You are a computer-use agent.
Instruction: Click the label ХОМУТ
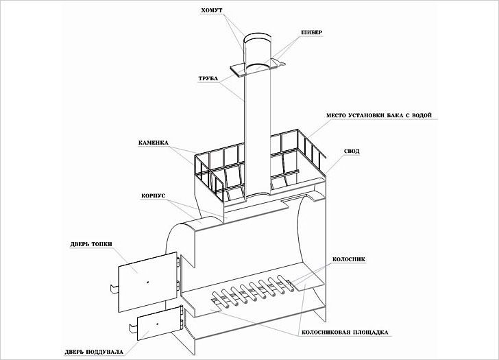[x=212, y=10]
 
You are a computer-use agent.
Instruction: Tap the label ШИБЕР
[x=312, y=32]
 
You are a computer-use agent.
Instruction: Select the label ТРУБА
[x=208, y=78]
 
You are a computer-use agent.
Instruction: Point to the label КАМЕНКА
[x=154, y=143]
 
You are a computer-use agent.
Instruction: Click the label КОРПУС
[x=154, y=195]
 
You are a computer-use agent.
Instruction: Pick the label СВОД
[x=352, y=151]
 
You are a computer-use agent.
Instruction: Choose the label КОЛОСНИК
[x=349, y=259]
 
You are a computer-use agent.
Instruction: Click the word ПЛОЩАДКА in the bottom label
[x=370, y=333]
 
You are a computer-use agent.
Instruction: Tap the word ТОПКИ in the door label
[x=102, y=244]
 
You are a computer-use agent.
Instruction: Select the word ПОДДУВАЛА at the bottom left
[x=104, y=352]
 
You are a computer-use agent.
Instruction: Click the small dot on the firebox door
[x=148, y=282]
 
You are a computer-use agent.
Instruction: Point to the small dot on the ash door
[x=157, y=324]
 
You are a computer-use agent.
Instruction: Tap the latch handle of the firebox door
[x=114, y=288]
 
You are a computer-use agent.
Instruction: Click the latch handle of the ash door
[x=133, y=328]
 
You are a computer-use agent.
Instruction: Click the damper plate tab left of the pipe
[x=236, y=71]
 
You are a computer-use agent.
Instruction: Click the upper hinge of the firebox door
[x=178, y=262]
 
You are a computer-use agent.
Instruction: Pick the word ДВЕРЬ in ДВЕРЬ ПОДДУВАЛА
[x=73, y=352]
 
